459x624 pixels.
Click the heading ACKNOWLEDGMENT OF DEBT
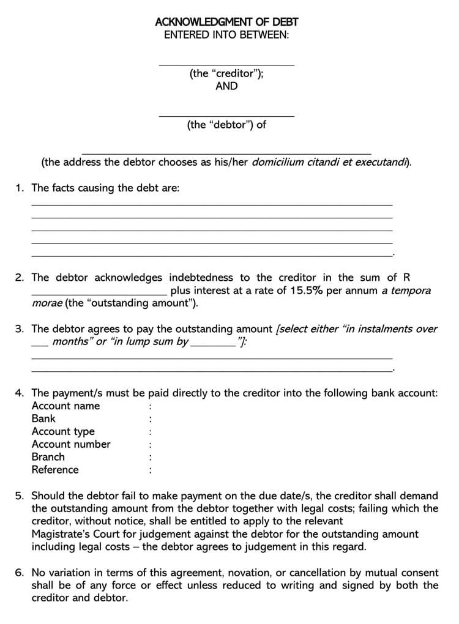226,23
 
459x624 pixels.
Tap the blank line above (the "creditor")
226,64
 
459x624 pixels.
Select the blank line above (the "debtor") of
226,115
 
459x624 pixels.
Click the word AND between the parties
226,86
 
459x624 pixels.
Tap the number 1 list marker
19,188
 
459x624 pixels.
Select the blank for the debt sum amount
99,294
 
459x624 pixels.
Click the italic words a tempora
406,291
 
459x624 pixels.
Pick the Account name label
65,406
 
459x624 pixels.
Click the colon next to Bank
150,419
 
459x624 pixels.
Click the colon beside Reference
150,470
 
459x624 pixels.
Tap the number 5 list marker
19,496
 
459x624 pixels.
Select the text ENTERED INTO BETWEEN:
226,35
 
